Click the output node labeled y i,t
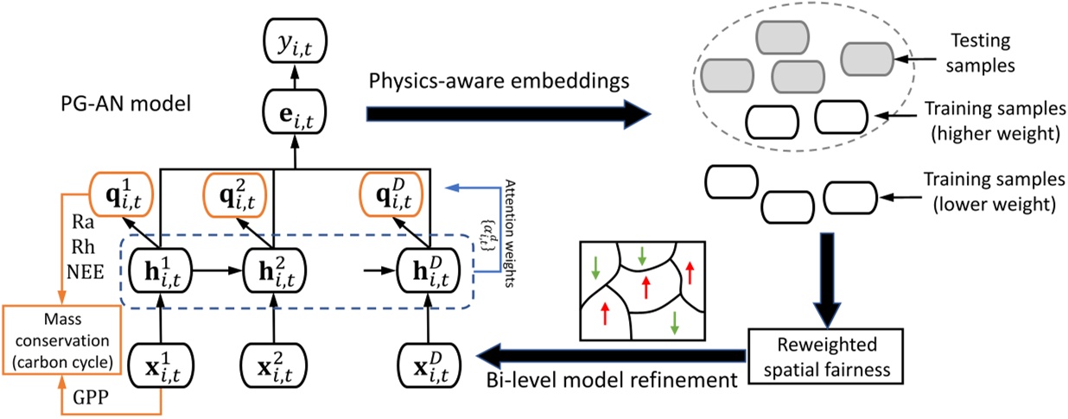tap(296, 37)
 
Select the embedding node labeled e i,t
tap(296, 113)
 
